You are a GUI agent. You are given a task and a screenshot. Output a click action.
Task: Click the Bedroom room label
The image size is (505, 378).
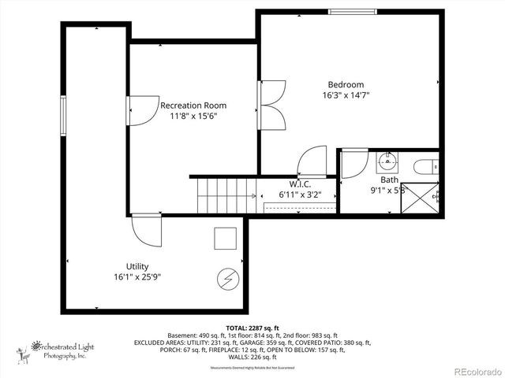point(346,85)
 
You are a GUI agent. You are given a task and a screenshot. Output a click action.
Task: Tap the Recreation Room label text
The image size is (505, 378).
point(193,106)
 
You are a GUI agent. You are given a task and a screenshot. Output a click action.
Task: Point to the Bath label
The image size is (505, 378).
point(389,180)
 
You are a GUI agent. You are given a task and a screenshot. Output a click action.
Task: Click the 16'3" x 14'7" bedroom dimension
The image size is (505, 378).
point(346,95)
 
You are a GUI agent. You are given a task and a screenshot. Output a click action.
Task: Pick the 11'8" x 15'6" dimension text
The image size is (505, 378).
point(193,116)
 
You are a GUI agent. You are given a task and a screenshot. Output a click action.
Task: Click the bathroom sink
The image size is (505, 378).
point(387,162)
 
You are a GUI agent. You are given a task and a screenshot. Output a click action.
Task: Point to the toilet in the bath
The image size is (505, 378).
point(425,166)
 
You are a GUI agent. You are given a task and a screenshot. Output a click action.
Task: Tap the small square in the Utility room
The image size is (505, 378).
point(225,239)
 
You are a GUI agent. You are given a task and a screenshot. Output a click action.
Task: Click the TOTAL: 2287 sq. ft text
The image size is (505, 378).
point(252,327)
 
